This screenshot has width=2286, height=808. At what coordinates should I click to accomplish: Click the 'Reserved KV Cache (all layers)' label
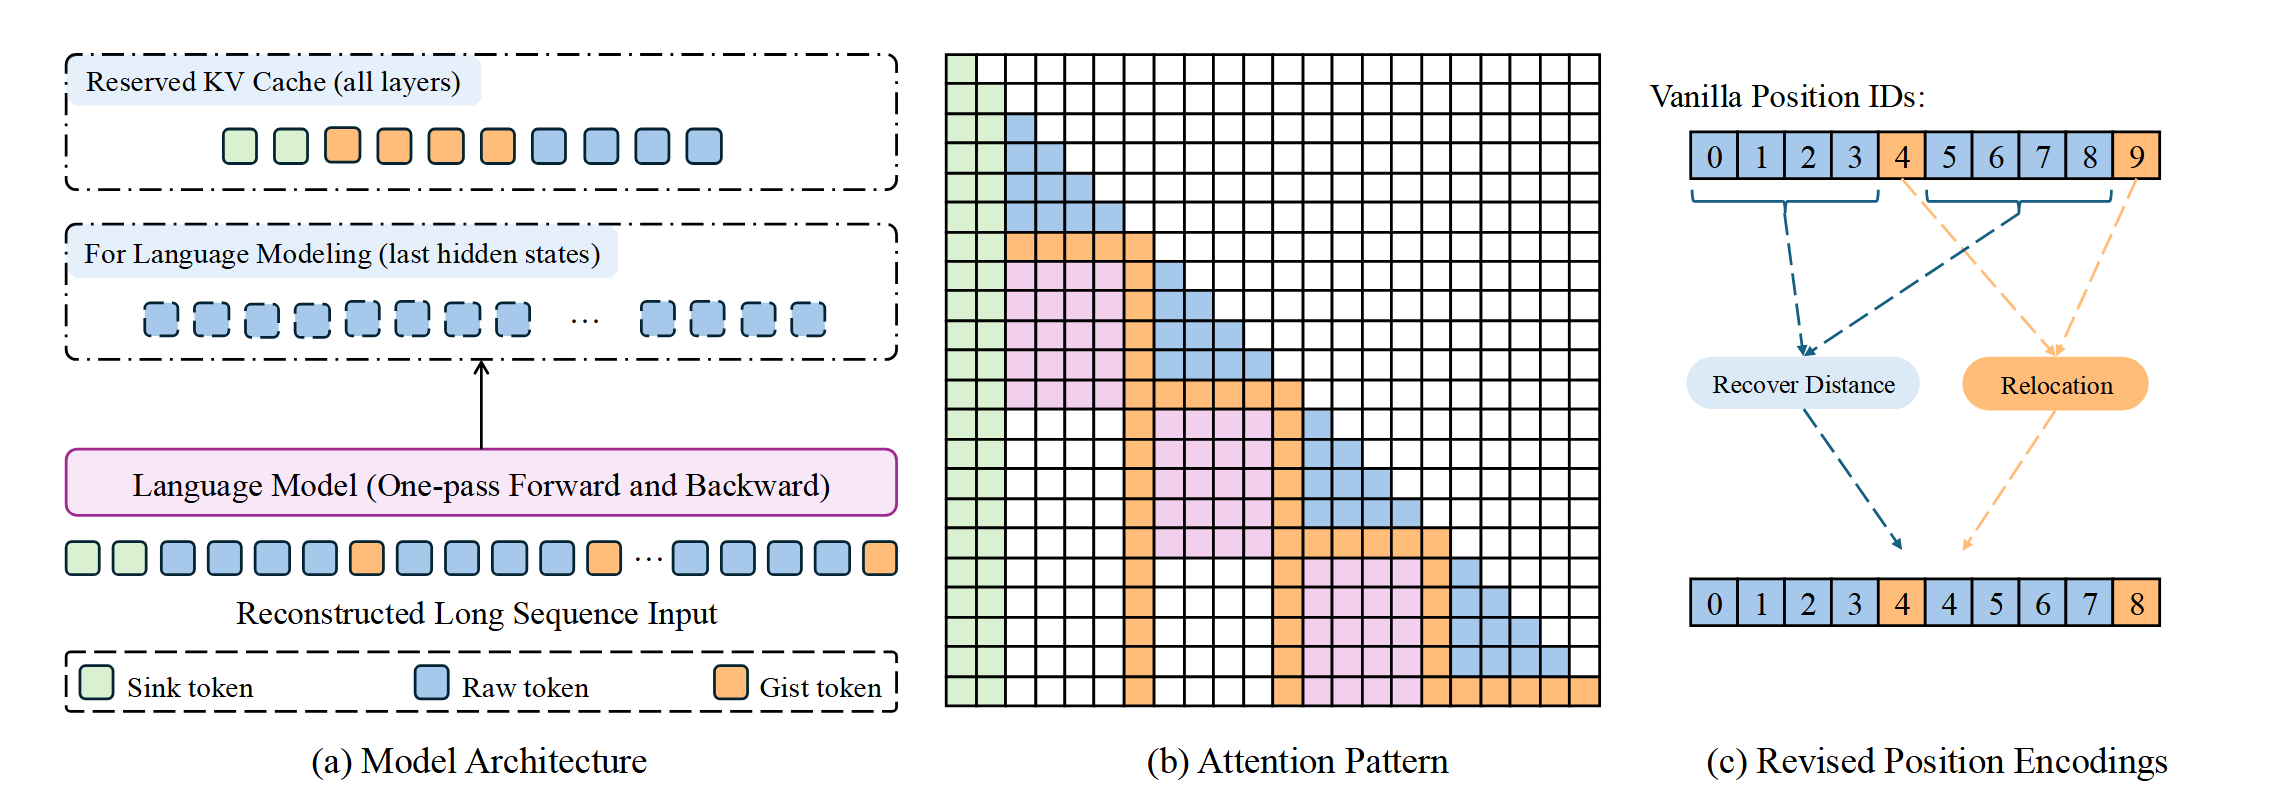pos(273,82)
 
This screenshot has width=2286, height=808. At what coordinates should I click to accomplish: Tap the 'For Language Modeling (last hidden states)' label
pos(342,254)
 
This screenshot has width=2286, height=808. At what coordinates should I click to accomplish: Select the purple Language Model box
pos(481,484)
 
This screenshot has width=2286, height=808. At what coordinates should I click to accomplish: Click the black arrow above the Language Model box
pos(481,404)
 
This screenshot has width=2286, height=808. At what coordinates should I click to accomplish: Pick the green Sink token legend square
pos(96,683)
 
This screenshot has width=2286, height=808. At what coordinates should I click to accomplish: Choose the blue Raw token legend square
pos(431,683)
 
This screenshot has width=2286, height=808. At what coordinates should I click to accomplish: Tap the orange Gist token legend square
pos(730,683)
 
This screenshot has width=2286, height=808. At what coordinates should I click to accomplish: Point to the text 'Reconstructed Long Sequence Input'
pos(476,613)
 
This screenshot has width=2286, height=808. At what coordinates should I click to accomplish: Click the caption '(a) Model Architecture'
pos(479,761)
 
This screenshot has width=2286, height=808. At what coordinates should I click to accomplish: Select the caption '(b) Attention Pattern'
pos(1297,761)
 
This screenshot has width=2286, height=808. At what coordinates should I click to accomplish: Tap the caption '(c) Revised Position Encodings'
pos(1936,761)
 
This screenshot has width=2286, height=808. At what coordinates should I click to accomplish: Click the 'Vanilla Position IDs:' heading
pos(1787,97)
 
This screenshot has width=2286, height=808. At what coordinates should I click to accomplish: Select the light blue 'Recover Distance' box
pos(1802,384)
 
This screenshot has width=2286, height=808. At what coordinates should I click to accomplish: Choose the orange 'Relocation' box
pos(2055,384)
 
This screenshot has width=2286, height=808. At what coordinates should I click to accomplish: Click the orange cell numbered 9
pos(2136,156)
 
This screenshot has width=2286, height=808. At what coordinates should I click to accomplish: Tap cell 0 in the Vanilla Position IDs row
pos(1714,156)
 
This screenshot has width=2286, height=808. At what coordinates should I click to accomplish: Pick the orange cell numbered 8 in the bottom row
pos(2136,603)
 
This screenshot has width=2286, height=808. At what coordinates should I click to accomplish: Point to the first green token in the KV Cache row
pos(239,146)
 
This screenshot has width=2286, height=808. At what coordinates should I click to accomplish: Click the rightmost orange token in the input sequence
pos(879,558)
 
